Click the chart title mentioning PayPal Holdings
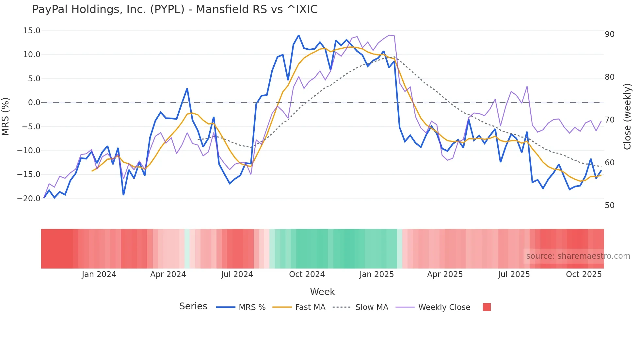coord(175,9)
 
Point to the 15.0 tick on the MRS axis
coord(32,31)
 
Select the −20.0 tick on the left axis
coord(29,198)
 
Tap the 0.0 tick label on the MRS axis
coord(34,103)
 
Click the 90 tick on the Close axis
coord(609,34)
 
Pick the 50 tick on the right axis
coord(609,205)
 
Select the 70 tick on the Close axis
coord(609,120)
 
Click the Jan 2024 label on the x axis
coord(99,274)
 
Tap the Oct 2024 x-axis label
coord(307,274)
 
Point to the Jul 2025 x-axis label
coord(514,274)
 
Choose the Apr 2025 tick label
coord(445,274)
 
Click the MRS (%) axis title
coord(6,116)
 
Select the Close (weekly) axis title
coord(627,117)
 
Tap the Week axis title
coord(322,292)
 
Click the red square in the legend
coord(487,307)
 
